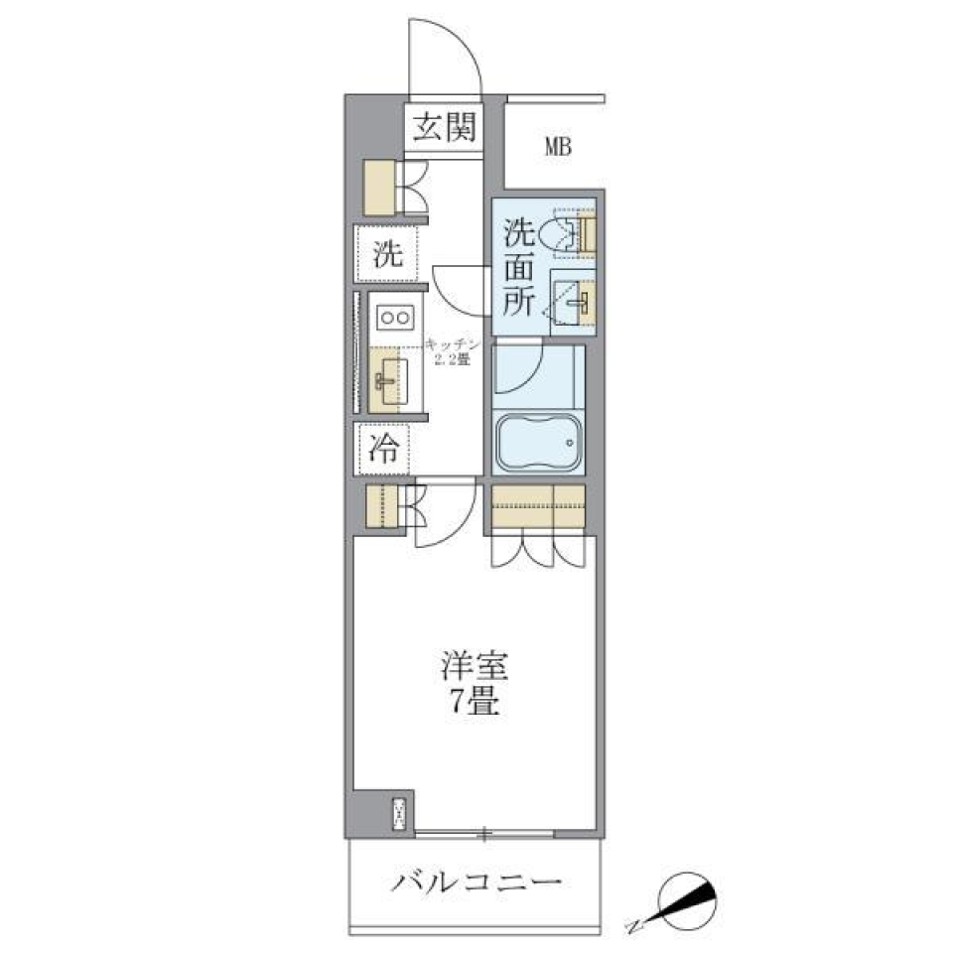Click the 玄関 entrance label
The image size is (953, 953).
tap(444, 127)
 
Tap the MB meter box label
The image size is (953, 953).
tap(558, 147)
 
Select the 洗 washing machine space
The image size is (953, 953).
tap(387, 255)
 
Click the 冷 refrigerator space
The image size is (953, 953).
tap(385, 450)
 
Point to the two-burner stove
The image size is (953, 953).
tap(395, 318)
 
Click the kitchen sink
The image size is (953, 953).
tap(388, 378)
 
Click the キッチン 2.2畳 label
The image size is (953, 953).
tap(451, 351)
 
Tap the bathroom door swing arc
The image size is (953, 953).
tap(520, 364)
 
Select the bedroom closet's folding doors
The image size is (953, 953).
tap(541, 549)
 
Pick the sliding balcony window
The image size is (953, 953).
tap(483, 833)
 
